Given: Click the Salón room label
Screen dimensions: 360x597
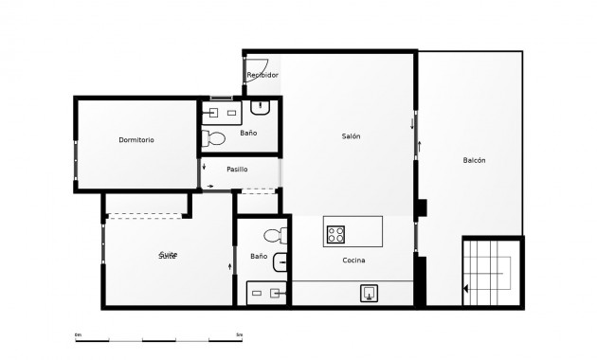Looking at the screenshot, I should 351,136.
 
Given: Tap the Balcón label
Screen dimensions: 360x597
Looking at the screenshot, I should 474,160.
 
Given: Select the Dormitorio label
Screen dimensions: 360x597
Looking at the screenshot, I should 136,140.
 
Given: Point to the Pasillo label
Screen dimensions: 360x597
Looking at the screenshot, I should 237,170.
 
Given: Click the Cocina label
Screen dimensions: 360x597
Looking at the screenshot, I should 353,261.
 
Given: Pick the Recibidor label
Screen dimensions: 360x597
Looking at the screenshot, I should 262,75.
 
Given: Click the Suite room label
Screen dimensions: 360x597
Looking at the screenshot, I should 168,256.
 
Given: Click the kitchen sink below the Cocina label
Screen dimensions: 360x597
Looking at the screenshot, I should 369,293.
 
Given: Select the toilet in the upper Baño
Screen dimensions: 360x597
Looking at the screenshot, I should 216,138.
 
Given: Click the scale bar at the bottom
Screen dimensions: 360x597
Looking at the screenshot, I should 158,338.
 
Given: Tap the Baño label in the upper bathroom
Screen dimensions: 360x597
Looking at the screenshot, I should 247,134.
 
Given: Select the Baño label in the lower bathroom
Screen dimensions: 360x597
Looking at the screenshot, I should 258,257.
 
